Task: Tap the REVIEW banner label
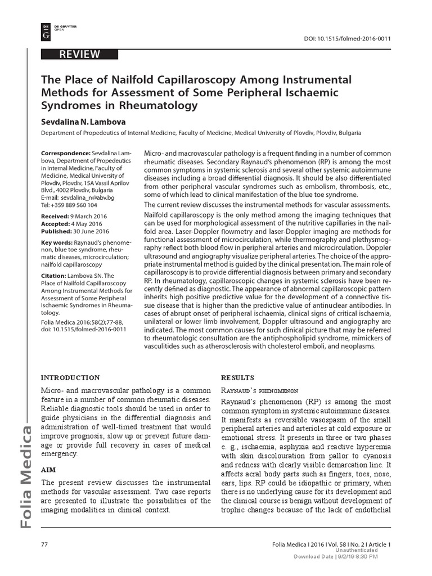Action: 81,55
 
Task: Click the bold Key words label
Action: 57,242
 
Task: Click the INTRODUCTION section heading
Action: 71,377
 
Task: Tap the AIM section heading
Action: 49,468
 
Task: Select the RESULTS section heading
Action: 238,377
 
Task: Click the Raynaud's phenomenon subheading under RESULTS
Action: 260,390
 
